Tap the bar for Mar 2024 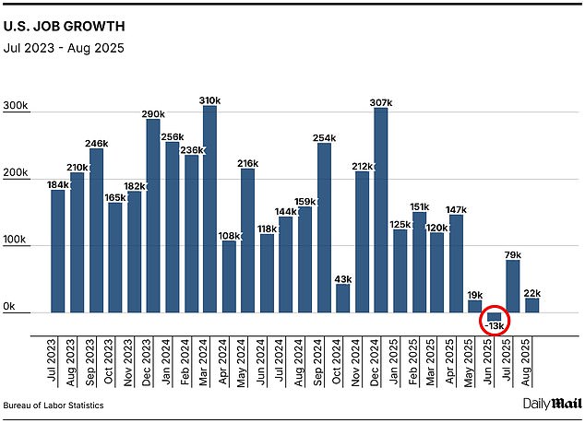tap(209, 209)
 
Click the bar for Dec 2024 tap(381, 210)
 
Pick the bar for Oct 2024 tap(343, 298)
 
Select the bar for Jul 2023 tap(57, 251)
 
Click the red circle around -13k tap(496, 322)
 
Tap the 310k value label tap(210, 100)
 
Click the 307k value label tap(381, 101)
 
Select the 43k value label tap(343, 278)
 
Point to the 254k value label tap(324, 137)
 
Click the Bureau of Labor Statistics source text tap(54, 405)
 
